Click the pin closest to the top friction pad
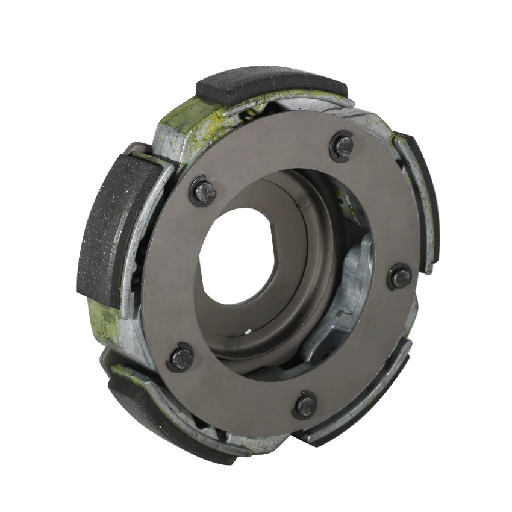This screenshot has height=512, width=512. click(x=344, y=145)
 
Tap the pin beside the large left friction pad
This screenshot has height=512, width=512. click(x=204, y=192)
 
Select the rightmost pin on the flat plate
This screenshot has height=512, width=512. click(x=400, y=278)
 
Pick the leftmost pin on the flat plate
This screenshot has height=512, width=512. click(x=181, y=358)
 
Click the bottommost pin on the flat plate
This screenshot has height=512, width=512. click(x=306, y=405)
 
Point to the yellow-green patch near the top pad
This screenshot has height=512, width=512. click(x=187, y=120)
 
